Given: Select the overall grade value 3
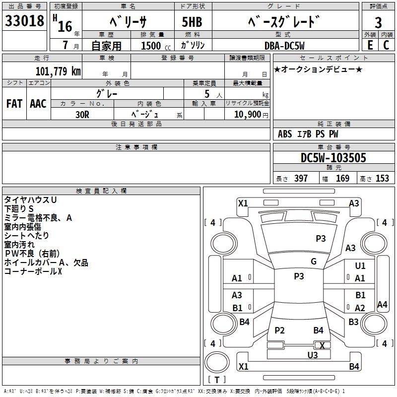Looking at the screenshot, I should coord(378,23).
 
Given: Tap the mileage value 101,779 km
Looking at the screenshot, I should coord(58,71).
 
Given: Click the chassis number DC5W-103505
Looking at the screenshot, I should coord(333,158).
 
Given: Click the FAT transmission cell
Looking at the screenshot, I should coord(14,104).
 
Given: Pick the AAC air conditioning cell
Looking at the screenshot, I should coord(38,104).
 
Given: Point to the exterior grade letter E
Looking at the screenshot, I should coord(370,45).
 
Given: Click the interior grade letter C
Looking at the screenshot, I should coord(386,45).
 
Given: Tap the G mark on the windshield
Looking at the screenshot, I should coord(314,262).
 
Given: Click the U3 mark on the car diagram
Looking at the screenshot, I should coord(313,355).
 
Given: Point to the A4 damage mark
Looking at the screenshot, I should coord(382,305).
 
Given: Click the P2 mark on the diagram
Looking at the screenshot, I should coord(279,331).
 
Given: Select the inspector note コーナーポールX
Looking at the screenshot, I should coord(33,271).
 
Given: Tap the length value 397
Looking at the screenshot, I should coord(301,179).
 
